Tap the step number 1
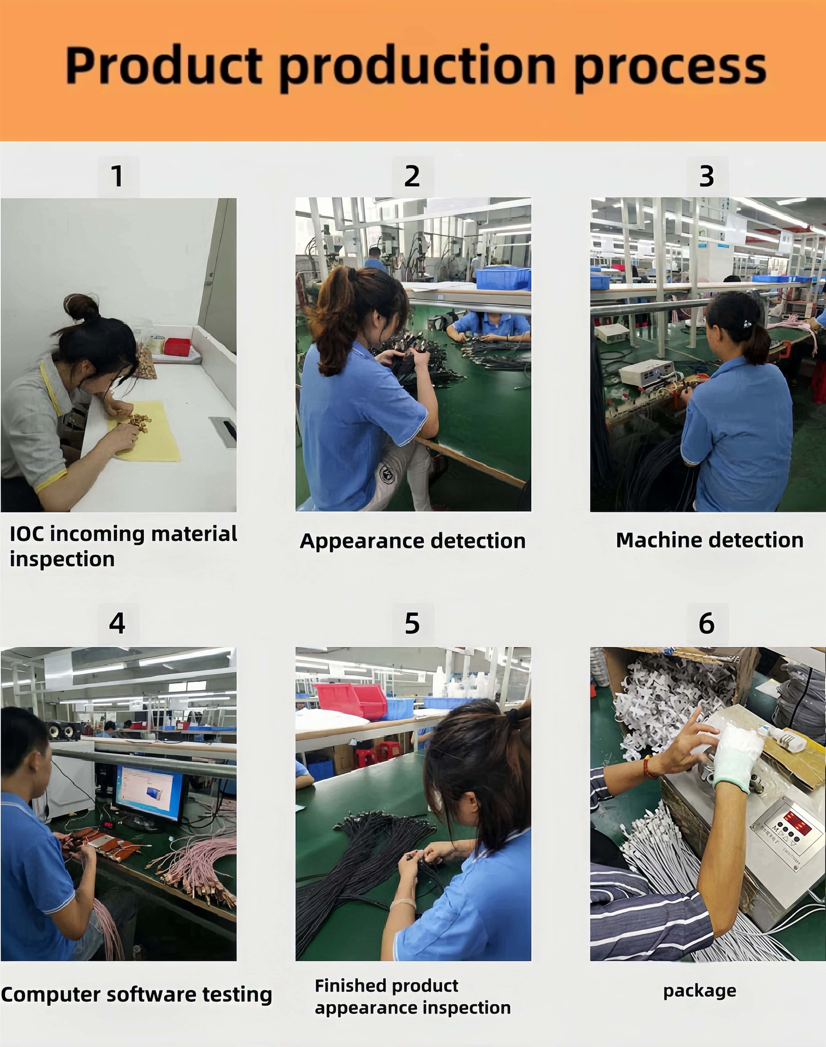click(117, 176)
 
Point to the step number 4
click(117, 623)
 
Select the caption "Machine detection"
click(709, 540)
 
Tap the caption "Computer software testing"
click(136, 995)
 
